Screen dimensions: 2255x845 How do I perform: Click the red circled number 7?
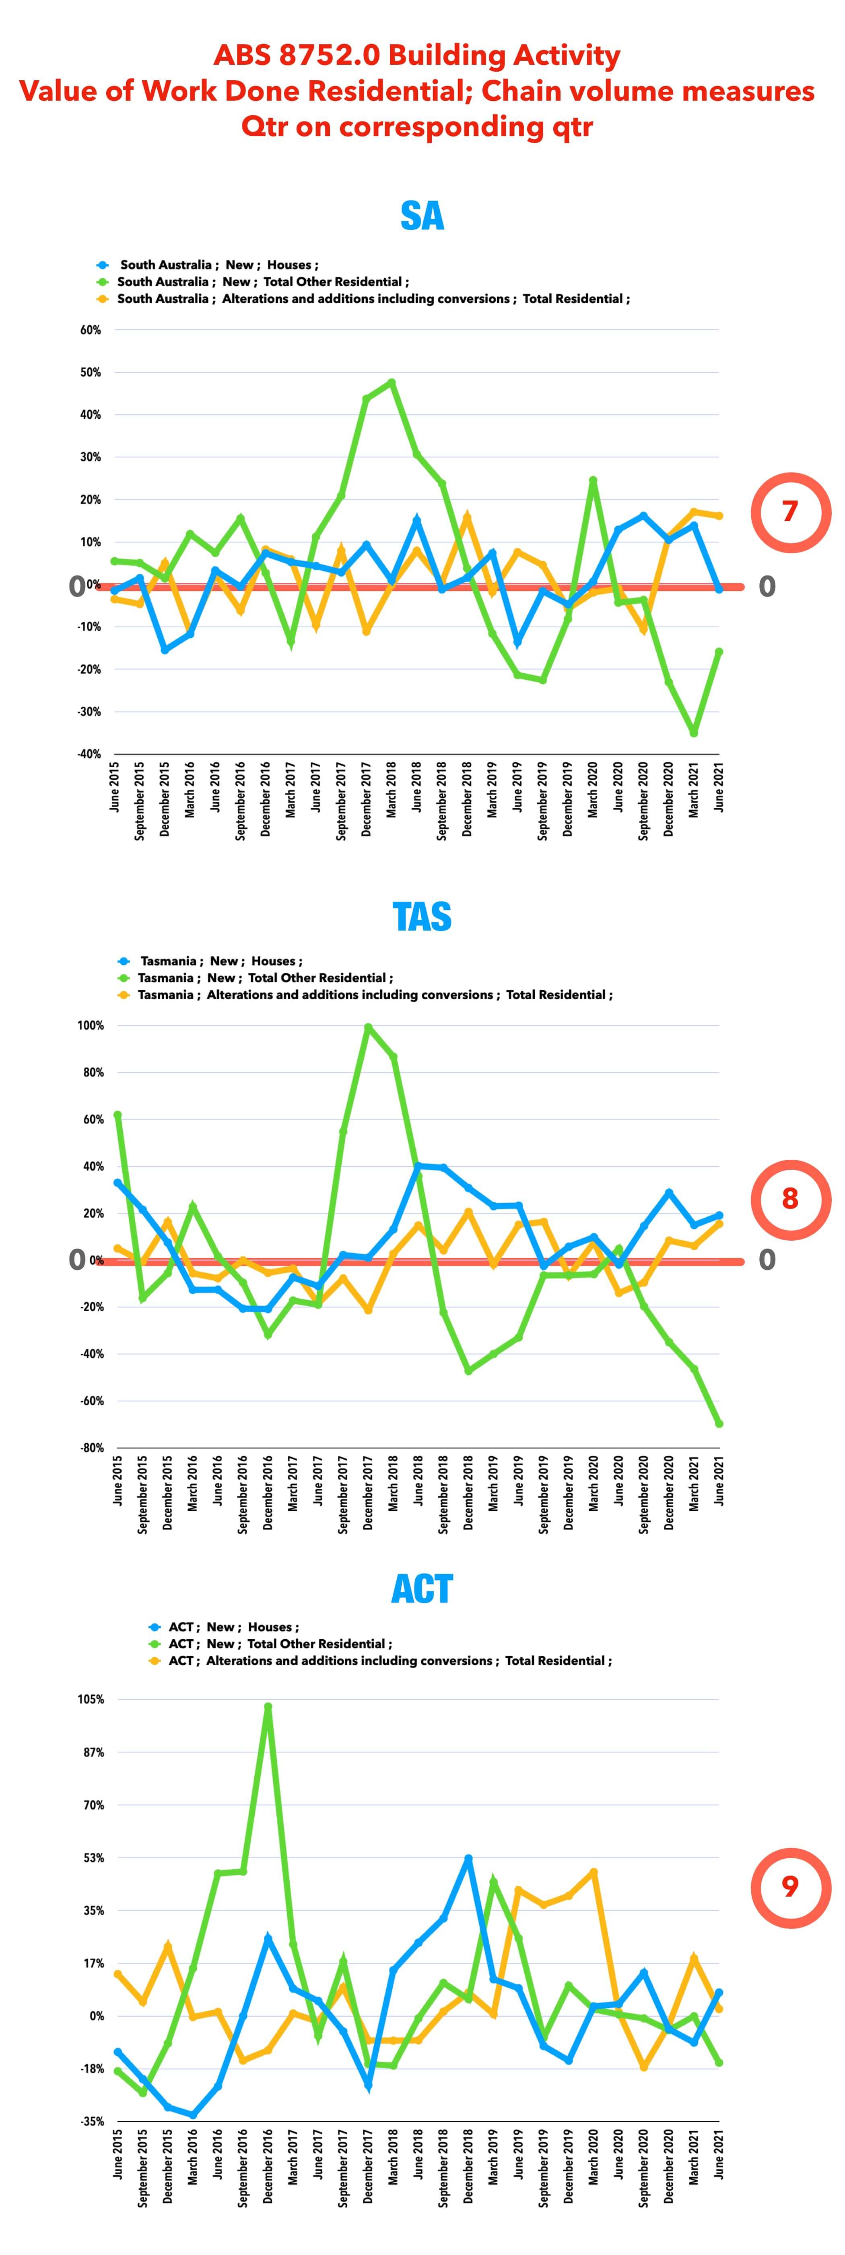(790, 511)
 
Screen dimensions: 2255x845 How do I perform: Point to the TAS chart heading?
(422, 916)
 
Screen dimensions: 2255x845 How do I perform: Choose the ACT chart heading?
(422, 1589)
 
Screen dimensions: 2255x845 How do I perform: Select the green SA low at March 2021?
(694, 733)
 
